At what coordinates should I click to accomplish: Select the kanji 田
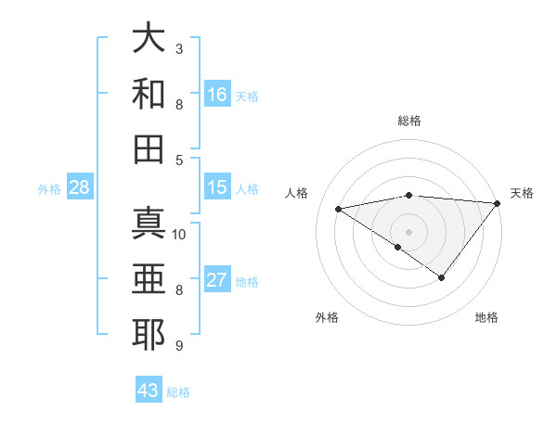click(x=149, y=148)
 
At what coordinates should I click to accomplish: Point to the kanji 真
click(x=149, y=223)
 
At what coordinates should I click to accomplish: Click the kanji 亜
click(x=149, y=278)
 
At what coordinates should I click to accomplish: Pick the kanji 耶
click(x=149, y=334)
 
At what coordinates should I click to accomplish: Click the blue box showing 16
click(x=217, y=94)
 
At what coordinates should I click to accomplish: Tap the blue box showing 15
click(x=217, y=187)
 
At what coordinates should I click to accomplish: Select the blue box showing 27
click(x=217, y=280)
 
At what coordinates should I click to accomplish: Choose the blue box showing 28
click(x=79, y=187)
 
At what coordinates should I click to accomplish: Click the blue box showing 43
click(x=149, y=391)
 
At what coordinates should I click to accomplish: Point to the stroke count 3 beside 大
click(x=179, y=48)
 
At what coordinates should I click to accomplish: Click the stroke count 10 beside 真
click(x=180, y=234)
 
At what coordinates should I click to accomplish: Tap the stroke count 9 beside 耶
click(x=179, y=346)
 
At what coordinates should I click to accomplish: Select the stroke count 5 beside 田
click(x=179, y=160)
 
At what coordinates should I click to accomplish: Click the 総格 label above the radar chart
click(x=409, y=121)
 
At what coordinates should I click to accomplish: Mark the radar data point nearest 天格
click(x=498, y=203)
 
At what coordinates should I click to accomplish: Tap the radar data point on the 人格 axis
click(x=339, y=209)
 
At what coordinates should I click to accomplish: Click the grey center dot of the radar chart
click(x=409, y=231)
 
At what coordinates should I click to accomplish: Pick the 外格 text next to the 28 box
click(x=49, y=189)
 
